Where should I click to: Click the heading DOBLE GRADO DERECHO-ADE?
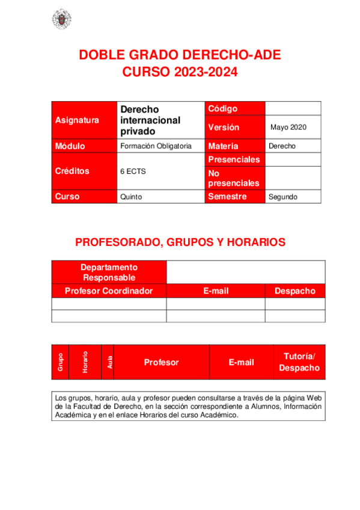coord(180,56)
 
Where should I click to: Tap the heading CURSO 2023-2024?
coord(180,73)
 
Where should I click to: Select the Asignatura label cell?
coord(84,120)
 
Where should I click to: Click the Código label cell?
coord(234,108)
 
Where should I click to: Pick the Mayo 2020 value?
coord(288,127)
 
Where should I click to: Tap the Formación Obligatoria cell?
coord(156,146)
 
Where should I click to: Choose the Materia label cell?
coord(234,146)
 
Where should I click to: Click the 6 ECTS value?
coord(133,171)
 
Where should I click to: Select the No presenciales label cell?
coord(234,178)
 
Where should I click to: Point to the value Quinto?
coord(132,197)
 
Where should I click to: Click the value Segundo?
coord(283,197)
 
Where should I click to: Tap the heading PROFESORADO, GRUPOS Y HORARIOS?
coord(180,242)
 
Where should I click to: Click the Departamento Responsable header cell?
coord(109,272)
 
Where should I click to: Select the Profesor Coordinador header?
coord(109,291)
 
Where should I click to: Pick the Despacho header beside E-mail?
coord(294,291)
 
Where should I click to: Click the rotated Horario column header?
coord(85,362)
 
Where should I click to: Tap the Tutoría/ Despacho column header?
coord(299,362)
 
